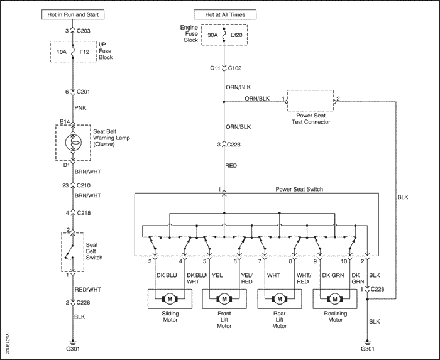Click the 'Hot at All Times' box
tap(223, 14)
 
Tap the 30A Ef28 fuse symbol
tap(223, 35)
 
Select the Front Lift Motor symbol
tap(224, 299)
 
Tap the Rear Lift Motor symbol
tap(279, 299)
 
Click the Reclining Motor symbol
tap(335, 299)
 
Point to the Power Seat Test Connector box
tap(309, 100)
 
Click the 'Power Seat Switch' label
tap(299, 189)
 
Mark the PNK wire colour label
tap(80, 107)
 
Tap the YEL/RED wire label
tap(247, 278)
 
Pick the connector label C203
tap(84, 30)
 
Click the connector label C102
tap(235, 68)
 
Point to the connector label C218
tap(84, 213)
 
